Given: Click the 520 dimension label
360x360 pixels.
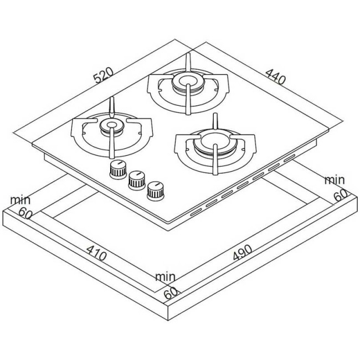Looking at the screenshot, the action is [104, 75].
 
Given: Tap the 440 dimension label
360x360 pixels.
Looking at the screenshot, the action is [276, 76].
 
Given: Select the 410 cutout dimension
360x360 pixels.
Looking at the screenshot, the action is [97, 253].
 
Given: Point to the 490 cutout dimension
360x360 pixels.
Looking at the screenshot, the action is [243, 253].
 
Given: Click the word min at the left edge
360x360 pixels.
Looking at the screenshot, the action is [20, 200].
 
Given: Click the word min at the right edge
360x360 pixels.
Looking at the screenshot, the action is [335, 180].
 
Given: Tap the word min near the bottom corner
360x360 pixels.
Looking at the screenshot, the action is [165, 277].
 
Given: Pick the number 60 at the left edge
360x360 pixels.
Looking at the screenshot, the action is [25, 213].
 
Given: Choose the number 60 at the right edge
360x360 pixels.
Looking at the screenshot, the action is [341, 196].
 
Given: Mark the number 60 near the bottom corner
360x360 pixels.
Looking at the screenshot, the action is [171, 293].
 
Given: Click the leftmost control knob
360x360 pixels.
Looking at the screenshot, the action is [118, 169].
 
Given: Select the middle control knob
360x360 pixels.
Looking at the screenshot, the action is [137, 181].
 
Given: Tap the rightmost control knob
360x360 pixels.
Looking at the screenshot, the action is [156, 191].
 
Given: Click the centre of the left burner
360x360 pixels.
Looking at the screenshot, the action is [112, 126].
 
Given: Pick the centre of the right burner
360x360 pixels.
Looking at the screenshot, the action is [215, 141].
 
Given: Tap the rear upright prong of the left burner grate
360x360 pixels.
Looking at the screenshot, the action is [112, 106].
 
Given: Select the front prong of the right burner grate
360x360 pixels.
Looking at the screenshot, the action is [215, 160].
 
